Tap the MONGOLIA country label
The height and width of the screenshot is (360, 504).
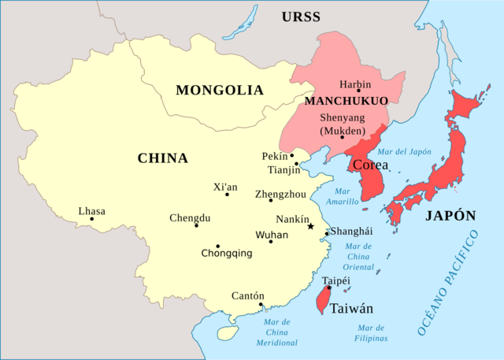click(x=220, y=90)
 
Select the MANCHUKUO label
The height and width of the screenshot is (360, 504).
click(x=346, y=102)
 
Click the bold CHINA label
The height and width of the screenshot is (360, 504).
click(x=163, y=158)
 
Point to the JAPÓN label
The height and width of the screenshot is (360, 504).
click(x=450, y=216)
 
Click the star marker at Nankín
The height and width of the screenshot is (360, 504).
click(x=310, y=226)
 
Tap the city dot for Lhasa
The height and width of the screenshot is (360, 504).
click(x=92, y=219)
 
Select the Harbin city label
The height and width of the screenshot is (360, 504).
click(x=355, y=84)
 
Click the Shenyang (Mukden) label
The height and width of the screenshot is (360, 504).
click(x=343, y=124)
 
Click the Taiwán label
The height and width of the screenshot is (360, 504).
click(x=351, y=309)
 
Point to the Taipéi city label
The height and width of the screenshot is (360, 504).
click(x=336, y=280)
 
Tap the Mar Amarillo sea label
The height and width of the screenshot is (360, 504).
click(x=343, y=196)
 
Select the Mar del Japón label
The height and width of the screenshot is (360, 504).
click(x=406, y=151)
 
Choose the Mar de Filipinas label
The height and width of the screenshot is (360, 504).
click(x=371, y=332)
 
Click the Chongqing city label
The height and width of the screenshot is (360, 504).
click(x=227, y=254)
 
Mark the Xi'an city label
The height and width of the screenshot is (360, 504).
click(x=225, y=187)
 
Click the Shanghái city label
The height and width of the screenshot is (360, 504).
click(x=351, y=232)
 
